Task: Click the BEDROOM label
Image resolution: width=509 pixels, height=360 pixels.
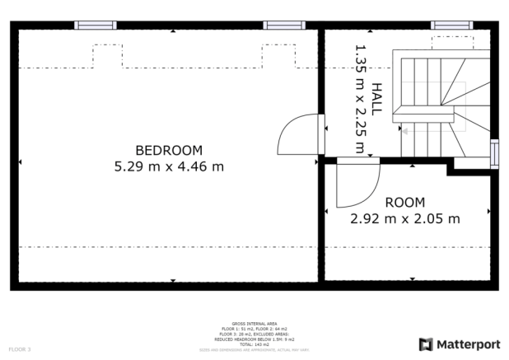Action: pos(169,150)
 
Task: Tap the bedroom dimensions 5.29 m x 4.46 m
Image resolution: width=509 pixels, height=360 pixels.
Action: pos(169,166)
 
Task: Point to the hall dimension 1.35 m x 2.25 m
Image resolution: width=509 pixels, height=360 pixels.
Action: pos(359,100)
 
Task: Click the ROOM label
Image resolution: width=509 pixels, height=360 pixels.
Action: pos(404,203)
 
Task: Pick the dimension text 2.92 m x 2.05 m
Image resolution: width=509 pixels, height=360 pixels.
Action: pos(404,218)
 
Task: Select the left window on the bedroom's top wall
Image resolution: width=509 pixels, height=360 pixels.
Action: pos(96,26)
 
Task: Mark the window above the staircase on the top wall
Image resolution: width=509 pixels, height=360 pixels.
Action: pos(451,26)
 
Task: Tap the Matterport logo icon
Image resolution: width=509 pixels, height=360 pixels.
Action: pos(426,344)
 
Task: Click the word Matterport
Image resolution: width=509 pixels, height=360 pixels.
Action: pos(468,344)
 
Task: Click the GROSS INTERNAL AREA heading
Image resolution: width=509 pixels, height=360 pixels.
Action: pos(254,324)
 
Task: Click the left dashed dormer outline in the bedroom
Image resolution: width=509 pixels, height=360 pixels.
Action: pos(106,56)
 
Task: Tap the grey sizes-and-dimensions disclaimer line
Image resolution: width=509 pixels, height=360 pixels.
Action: pos(254,350)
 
